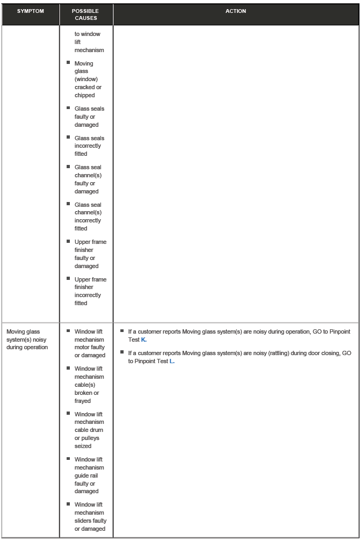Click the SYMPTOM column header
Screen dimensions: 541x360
tap(30, 11)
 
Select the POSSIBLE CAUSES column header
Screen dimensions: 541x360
tap(86, 15)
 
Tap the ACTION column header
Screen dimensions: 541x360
tap(236, 11)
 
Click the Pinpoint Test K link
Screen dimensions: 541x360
tap(143, 340)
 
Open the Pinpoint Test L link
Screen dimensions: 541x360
tap(172, 361)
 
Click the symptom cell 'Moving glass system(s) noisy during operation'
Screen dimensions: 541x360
tap(27, 340)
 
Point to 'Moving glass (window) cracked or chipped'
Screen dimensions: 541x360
tap(88, 79)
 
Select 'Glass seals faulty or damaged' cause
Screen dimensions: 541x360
tap(89, 117)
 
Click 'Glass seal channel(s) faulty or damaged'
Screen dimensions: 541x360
tap(88, 179)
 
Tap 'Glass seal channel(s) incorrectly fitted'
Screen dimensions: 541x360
tap(88, 217)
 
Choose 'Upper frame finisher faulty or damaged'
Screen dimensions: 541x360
tap(90, 254)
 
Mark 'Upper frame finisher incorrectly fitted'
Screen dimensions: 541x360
tap(90, 291)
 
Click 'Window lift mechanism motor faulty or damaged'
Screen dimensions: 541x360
tap(90, 343)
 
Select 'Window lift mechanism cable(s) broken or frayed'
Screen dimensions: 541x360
tap(89, 385)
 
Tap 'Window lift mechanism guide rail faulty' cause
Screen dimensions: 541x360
tap(89, 475)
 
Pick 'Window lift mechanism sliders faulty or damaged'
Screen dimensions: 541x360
tap(90, 517)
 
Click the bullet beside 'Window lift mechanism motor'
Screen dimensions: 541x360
tap(68, 331)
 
